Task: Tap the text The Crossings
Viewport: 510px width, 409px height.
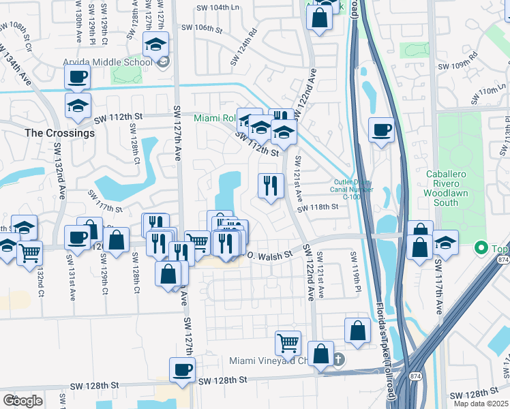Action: pyautogui.click(x=59, y=133)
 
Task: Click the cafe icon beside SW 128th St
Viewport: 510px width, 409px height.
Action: pyautogui.click(x=182, y=370)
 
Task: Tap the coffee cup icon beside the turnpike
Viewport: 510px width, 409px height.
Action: pyautogui.click(x=381, y=128)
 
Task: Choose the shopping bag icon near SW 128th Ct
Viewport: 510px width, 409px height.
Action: pyautogui.click(x=117, y=239)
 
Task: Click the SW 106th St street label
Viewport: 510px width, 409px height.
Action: pyautogui.click(x=203, y=29)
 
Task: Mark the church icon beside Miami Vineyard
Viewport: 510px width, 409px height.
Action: pyautogui.click(x=339, y=359)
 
